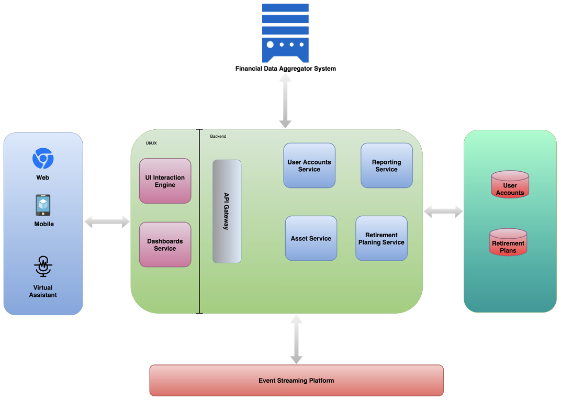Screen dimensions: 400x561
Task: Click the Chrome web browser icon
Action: click(x=43, y=158)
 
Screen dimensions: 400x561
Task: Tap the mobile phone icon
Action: click(x=43, y=205)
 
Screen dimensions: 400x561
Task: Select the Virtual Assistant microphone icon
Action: click(x=43, y=267)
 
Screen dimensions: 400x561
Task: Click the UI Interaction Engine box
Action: click(x=165, y=181)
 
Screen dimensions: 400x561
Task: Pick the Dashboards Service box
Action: click(x=165, y=245)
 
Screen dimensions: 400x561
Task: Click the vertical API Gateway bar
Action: click(x=227, y=211)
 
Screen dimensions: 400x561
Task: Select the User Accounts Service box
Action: click(x=309, y=165)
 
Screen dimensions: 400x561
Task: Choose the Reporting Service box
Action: click(x=387, y=165)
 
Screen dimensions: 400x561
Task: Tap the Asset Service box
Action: click(x=311, y=238)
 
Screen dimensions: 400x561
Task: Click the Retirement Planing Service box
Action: click(x=382, y=238)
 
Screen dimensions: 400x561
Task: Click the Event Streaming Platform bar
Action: click(x=296, y=381)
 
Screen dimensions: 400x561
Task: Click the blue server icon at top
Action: click(x=285, y=32)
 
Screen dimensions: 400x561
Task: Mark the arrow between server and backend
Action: click(x=285, y=100)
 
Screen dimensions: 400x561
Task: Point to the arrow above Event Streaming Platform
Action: click(x=296, y=339)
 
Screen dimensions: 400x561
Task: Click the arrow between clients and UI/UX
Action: click(x=107, y=221)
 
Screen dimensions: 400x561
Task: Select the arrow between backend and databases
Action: click(x=443, y=211)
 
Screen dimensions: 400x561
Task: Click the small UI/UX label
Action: click(x=151, y=143)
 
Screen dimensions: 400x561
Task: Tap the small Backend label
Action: click(x=218, y=136)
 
